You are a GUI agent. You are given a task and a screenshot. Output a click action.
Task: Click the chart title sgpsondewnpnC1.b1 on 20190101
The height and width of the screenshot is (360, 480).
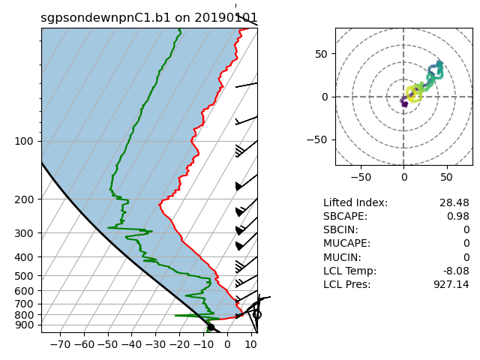click(149, 18)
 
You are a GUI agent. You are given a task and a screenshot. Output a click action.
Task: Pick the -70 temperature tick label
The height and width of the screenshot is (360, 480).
click(59, 345)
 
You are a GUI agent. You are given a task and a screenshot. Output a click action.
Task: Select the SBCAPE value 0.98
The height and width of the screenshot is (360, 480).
click(457, 217)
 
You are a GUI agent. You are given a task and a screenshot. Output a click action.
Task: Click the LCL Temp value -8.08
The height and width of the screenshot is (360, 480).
click(454, 271)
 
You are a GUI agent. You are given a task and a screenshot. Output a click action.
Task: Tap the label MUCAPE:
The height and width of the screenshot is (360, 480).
click(348, 244)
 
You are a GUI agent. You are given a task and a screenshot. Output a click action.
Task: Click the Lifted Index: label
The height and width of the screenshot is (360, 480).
click(355, 203)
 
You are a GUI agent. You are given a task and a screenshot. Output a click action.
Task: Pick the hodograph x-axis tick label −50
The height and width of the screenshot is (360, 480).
click(361, 178)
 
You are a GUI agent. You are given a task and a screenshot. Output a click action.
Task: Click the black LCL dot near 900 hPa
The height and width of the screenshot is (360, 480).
click(211, 327)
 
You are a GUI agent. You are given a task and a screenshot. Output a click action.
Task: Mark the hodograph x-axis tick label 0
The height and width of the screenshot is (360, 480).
click(403, 178)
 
